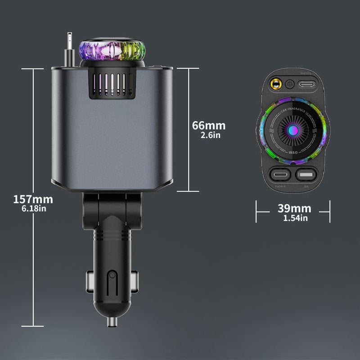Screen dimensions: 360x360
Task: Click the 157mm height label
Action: pyautogui.click(x=33, y=199)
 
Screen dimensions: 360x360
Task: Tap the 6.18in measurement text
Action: pyautogui.click(x=33, y=208)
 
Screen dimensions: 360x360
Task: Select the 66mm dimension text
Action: pyautogui.click(x=208, y=126)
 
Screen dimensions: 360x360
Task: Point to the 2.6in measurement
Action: pyautogui.click(x=209, y=135)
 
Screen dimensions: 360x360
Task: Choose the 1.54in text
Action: pyautogui.click(x=295, y=218)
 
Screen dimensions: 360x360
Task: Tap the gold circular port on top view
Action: pyautogui.click(x=274, y=83)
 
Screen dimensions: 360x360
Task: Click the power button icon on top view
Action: pyautogui.click(x=290, y=83)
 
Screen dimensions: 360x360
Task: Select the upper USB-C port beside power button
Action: pyautogui.click(x=308, y=83)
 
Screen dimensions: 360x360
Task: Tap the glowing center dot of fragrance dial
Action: pyautogui.click(x=292, y=130)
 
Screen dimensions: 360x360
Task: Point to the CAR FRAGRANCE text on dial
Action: pyautogui.click(x=292, y=110)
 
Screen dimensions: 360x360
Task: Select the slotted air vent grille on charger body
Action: pyautogui.click(x=111, y=85)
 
